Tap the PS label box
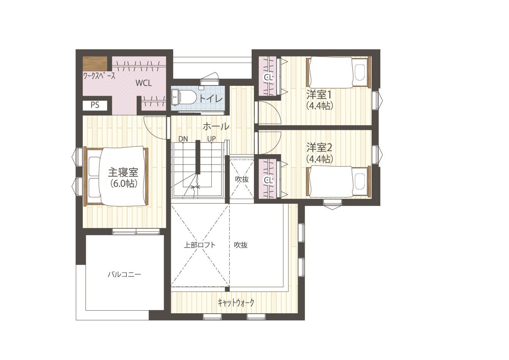tap(95, 106)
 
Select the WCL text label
tap(143, 83)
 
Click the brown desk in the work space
tap(95, 63)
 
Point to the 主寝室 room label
tap(123, 172)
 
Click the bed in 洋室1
tap(339, 72)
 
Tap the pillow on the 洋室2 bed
tap(360, 182)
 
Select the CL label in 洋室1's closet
tap(268, 78)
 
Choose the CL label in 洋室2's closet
tap(268, 180)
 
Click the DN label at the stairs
tap(183, 139)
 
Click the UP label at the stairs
tap(211, 139)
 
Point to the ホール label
tap(216, 126)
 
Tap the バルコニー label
tap(124, 274)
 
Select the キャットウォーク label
tap(236, 303)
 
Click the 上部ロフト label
tap(200, 245)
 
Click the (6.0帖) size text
tap(124, 184)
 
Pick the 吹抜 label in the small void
tap(242, 179)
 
